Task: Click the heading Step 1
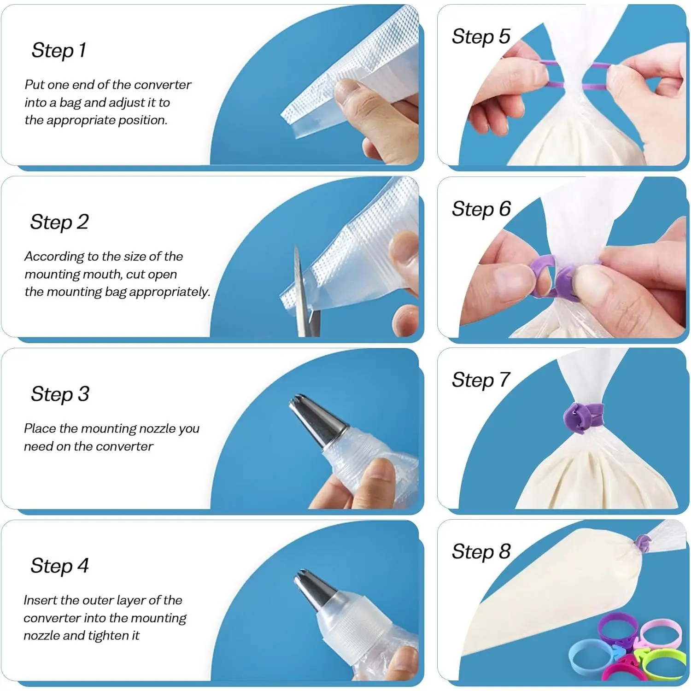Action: point(59,50)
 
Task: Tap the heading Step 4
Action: point(59,566)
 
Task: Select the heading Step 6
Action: point(481,209)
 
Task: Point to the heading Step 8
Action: point(481,551)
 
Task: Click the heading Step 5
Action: point(481,36)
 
